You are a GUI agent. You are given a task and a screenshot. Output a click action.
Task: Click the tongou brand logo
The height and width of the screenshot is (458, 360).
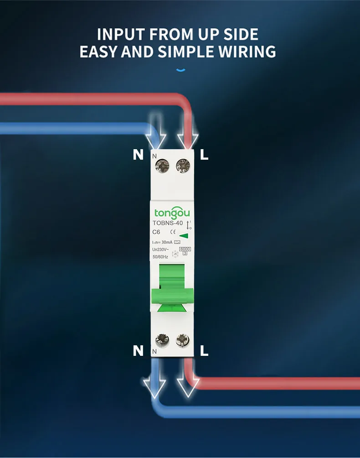pos(172,213)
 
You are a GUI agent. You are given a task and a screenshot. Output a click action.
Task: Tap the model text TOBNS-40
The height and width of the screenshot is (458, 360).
pos(168,223)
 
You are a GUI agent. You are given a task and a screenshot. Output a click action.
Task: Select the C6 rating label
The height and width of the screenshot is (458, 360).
pos(156,232)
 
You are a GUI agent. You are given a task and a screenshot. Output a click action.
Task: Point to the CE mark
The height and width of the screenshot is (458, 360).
pos(172,232)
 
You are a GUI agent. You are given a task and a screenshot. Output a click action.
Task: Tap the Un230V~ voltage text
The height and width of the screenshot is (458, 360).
pos(160,250)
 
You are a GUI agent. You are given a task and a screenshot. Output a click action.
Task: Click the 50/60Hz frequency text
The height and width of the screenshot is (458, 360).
pos(160,257)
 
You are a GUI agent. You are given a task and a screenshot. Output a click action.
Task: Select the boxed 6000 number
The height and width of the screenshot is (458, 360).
pos(185,249)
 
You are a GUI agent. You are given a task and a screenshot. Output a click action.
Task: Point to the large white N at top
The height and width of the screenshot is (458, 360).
pos(138,155)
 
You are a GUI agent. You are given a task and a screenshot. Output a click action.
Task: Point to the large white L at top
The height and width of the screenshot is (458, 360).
pos(204,155)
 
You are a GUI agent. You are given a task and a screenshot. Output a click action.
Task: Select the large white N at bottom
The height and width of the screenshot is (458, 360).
pos(138,350)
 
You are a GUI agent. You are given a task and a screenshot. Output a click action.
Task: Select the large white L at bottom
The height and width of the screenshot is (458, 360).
pos(204,350)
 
